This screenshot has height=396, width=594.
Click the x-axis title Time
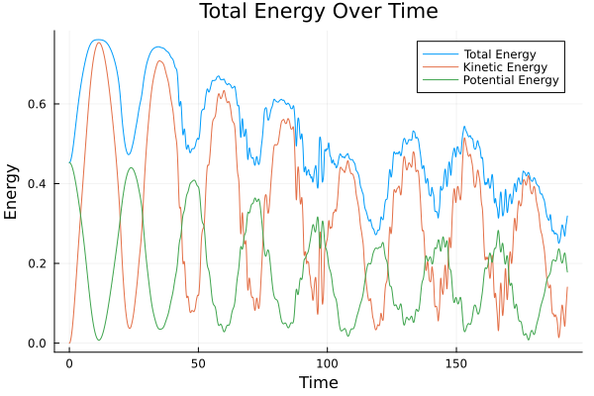pyautogui.click(x=319, y=382)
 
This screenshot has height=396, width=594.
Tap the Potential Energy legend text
pyautogui.click(x=511, y=80)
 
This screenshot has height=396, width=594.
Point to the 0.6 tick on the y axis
pyautogui.click(x=39, y=104)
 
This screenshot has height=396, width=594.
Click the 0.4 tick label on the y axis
pyautogui.click(x=39, y=184)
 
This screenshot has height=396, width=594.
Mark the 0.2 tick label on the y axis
pyautogui.click(x=39, y=263)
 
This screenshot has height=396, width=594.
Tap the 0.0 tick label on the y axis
pyautogui.click(x=39, y=344)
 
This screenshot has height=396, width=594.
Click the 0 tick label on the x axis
pyautogui.click(x=69, y=362)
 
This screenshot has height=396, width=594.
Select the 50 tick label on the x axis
pyautogui.click(x=198, y=362)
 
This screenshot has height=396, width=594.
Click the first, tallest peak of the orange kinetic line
pyautogui.click(x=98, y=43)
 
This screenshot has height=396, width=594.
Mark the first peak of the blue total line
pyautogui.click(x=97, y=40)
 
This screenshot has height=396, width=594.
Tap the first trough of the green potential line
pyautogui.click(x=99, y=340)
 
